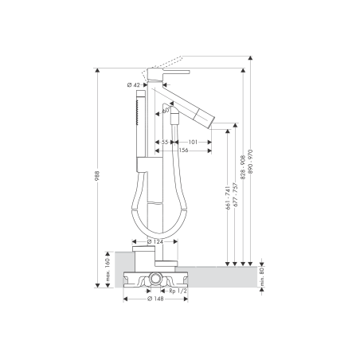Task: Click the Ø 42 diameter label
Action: coord(134,84)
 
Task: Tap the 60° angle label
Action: coord(166,109)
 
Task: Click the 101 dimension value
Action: coord(194,142)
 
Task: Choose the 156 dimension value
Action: coord(183,151)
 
